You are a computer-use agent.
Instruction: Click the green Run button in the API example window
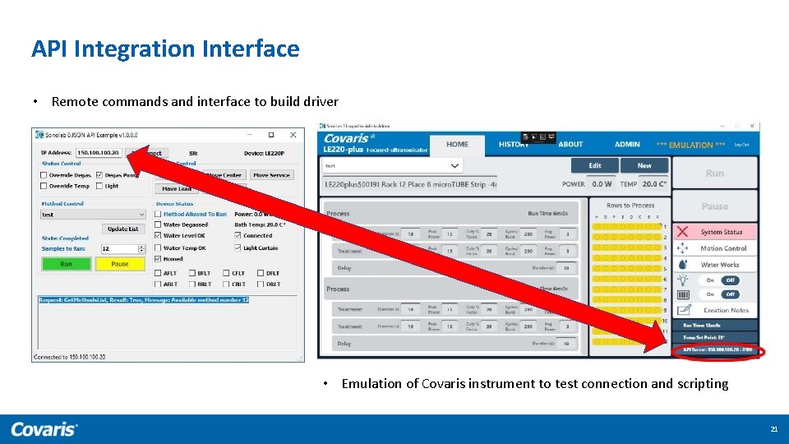tap(66, 264)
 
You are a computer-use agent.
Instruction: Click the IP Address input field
tap(99, 153)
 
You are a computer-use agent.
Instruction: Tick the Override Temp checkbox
tap(45, 186)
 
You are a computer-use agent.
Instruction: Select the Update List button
tap(123, 229)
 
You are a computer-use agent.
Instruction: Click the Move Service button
tap(271, 175)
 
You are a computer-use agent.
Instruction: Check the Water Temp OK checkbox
tap(159, 247)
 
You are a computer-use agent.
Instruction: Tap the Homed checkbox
tap(159, 259)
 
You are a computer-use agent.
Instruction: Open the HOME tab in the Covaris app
tap(457, 144)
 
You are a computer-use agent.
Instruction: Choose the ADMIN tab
tap(627, 144)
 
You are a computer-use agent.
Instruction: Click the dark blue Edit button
tap(595, 165)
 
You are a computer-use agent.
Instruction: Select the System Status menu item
tap(721, 232)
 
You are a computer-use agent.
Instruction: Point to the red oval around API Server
tap(717, 352)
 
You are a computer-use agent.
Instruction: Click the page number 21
tap(773, 429)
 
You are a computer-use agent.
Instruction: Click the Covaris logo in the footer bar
tap(44, 429)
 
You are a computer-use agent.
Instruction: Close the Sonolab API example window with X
tap(293, 135)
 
